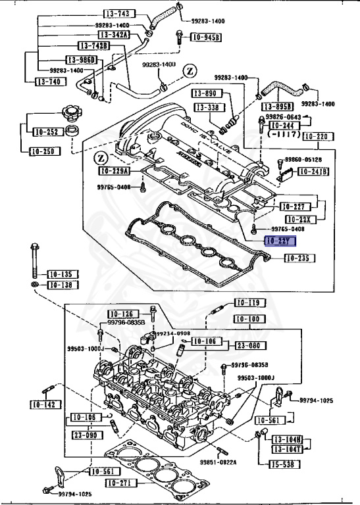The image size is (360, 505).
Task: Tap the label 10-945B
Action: (206, 37)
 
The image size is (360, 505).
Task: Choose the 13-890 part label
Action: (206, 94)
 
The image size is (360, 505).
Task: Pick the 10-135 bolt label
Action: (61, 274)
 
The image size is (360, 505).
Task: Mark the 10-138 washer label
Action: (61, 285)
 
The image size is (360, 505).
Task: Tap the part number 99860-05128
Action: (303, 160)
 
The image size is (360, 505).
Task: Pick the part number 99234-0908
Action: (174, 333)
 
